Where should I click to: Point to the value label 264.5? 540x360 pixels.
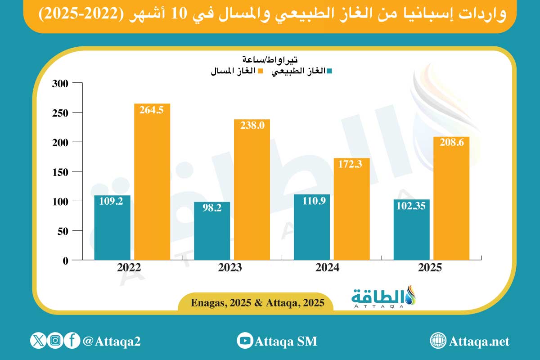point(152,110)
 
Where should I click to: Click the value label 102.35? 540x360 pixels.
point(411,206)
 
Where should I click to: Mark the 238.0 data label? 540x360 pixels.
point(252,126)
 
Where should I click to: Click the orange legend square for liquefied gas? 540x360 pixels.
point(259,71)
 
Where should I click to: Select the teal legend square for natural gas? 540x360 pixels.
point(329,71)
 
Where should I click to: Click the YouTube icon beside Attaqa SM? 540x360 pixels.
point(245,341)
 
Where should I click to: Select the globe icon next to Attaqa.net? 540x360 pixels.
point(437,341)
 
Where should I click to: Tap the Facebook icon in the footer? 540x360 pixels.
point(72,341)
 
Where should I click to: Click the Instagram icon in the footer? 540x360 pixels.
point(55,341)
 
